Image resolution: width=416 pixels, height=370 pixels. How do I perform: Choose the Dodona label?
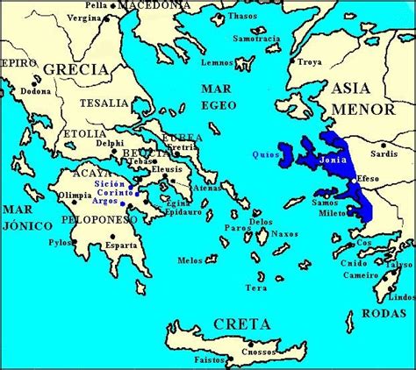(x=35, y=91)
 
